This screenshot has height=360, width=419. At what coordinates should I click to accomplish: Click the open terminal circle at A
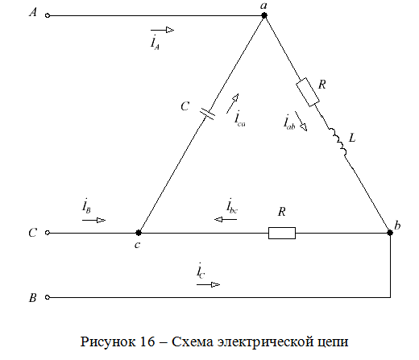tap(48, 15)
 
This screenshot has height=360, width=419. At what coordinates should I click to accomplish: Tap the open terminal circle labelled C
tap(48, 233)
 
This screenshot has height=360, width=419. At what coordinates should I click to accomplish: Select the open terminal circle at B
tap(48, 297)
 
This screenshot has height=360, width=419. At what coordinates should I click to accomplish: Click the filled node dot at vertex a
tap(264, 15)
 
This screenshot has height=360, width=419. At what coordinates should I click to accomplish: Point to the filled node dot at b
tap(390, 233)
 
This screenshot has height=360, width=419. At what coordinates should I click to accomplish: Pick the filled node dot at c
tap(139, 233)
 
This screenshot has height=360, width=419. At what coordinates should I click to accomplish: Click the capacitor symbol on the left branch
tap(207, 114)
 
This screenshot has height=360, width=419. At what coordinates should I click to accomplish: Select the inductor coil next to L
tap(338, 143)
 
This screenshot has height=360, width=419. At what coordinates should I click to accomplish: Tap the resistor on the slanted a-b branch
tap(308, 93)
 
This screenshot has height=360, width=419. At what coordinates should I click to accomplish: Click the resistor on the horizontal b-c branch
tap(282, 233)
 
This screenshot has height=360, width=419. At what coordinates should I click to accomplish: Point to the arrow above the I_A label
tap(162, 30)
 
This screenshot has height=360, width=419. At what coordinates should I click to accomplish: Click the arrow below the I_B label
tap(93, 221)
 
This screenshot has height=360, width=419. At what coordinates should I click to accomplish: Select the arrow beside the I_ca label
tap(233, 103)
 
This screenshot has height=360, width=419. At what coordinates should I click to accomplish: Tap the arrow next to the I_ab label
tap(301, 121)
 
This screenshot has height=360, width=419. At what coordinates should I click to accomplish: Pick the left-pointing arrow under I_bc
tap(226, 220)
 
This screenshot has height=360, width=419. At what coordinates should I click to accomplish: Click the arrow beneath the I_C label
tap(208, 284)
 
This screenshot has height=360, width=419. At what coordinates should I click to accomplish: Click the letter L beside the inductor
tap(352, 138)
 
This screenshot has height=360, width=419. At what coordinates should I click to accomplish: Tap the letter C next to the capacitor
tap(185, 106)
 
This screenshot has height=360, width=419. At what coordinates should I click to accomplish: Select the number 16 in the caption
tap(147, 341)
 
